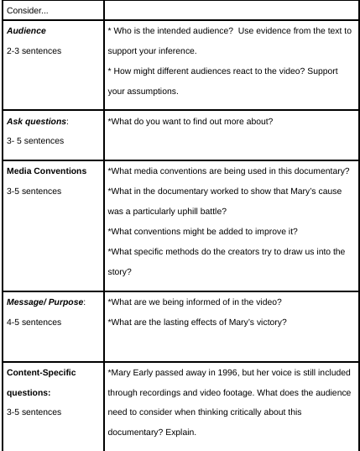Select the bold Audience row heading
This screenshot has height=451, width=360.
coord(28,30)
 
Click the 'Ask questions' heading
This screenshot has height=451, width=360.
coord(38,121)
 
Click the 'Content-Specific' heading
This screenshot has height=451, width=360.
coord(42,370)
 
